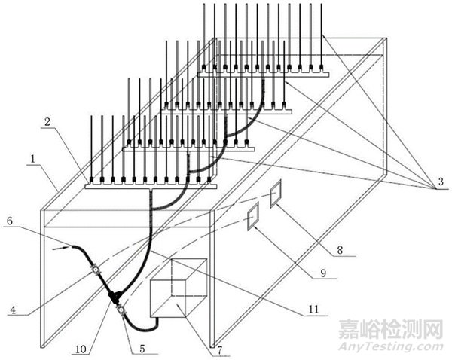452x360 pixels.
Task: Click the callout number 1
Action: coord(33,160)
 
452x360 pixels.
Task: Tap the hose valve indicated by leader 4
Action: coord(96,269)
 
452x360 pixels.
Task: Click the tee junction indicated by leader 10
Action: coord(115,297)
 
